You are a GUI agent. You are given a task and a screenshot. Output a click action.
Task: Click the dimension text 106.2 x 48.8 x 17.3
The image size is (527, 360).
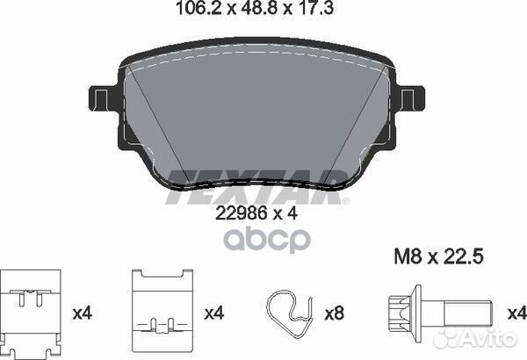(255, 8)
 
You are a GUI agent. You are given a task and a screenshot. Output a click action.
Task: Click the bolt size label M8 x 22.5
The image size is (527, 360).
(438, 256)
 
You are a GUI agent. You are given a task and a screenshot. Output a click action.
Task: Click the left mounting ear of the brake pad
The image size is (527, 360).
(104, 98)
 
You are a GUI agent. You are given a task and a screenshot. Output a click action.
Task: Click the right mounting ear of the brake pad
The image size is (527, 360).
(410, 98)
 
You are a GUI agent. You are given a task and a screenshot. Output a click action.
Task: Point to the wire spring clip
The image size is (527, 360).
(290, 313)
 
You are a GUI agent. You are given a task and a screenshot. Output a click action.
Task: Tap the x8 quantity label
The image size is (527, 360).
(334, 313)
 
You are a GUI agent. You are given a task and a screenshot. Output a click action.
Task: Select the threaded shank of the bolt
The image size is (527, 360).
(467, 313)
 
